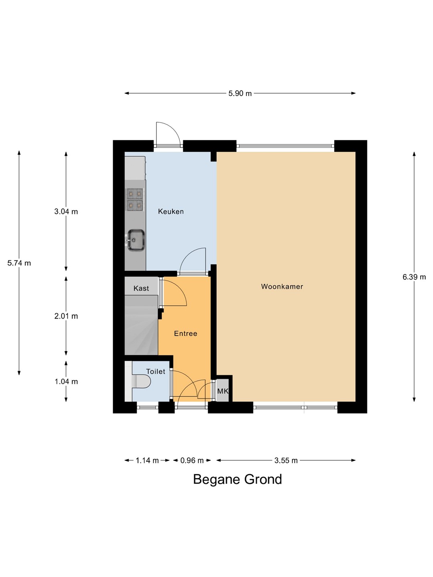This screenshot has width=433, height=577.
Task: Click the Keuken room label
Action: pos(171,212)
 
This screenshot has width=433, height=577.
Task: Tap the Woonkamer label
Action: pos(282,286)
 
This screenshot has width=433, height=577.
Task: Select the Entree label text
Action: pos(185,334)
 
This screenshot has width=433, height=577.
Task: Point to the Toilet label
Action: pos(156,371)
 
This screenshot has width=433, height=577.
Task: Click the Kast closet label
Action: pos(141,288)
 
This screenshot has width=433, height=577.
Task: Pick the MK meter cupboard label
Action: pos(223,391)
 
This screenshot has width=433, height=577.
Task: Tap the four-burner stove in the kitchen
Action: pos(135,200)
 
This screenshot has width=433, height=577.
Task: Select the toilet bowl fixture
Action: pos(141,381)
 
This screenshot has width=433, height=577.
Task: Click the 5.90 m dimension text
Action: pos(240,93)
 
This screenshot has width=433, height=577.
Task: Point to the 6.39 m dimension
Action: pos(414,277)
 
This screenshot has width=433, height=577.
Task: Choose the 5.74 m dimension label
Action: pos(19,263)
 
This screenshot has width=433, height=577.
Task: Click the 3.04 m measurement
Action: pos(66,212)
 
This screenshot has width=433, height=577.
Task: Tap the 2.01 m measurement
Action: pos(66,316)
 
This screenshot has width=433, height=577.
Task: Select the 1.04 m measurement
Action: pos(66,381)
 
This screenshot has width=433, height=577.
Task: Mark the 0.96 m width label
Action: pos(192,460)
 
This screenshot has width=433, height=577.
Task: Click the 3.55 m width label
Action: pos(286,460)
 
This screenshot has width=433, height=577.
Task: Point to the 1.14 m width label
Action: pos(147,460)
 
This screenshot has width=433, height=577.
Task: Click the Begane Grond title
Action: pos(237,480)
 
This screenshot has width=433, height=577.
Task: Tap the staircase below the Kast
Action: pos(141,325)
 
